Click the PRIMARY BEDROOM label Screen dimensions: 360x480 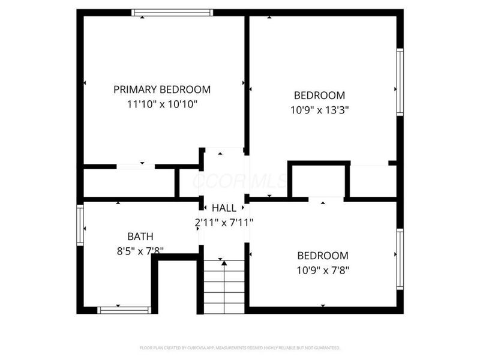point(162,89)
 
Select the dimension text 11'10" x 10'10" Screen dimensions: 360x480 point(162,104)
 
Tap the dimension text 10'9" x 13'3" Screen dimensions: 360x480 point(319,110)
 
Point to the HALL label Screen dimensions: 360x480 point(224,208)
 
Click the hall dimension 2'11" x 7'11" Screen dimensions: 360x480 point(224,222)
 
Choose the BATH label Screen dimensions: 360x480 point(140,236)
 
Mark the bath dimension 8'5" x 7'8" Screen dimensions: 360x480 point(140,251)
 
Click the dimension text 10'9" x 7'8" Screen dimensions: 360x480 point(323,270)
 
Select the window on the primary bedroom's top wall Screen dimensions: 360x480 point(172,12)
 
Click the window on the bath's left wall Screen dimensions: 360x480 point(80,225)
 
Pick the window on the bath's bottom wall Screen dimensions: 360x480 point(124,310)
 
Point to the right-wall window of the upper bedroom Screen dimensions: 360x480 point(400,82)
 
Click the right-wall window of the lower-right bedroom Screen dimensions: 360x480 point(400,259)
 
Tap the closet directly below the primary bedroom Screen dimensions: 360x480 point(129,182)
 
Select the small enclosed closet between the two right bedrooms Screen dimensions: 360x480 point(319,180)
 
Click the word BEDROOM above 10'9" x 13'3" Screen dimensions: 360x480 point(319,95)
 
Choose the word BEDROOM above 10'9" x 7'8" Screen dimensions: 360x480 point(323,255)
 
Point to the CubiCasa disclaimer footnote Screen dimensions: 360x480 point(240,347)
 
